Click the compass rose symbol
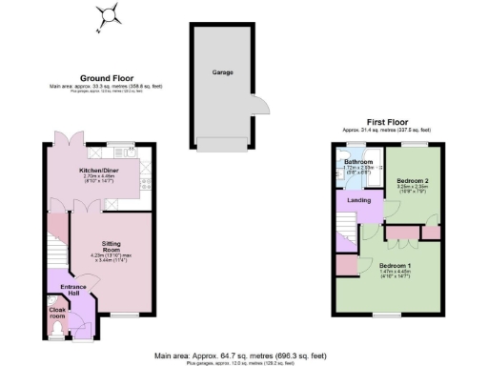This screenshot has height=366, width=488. point(111,14)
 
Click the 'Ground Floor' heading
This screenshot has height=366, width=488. point(106,78)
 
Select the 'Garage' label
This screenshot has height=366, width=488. point(221,72)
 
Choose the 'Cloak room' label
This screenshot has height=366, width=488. point(57,312)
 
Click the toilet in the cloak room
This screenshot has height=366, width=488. point(56,332)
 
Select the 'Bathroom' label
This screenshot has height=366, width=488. point(358,162)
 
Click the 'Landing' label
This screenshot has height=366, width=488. point(358,200)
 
